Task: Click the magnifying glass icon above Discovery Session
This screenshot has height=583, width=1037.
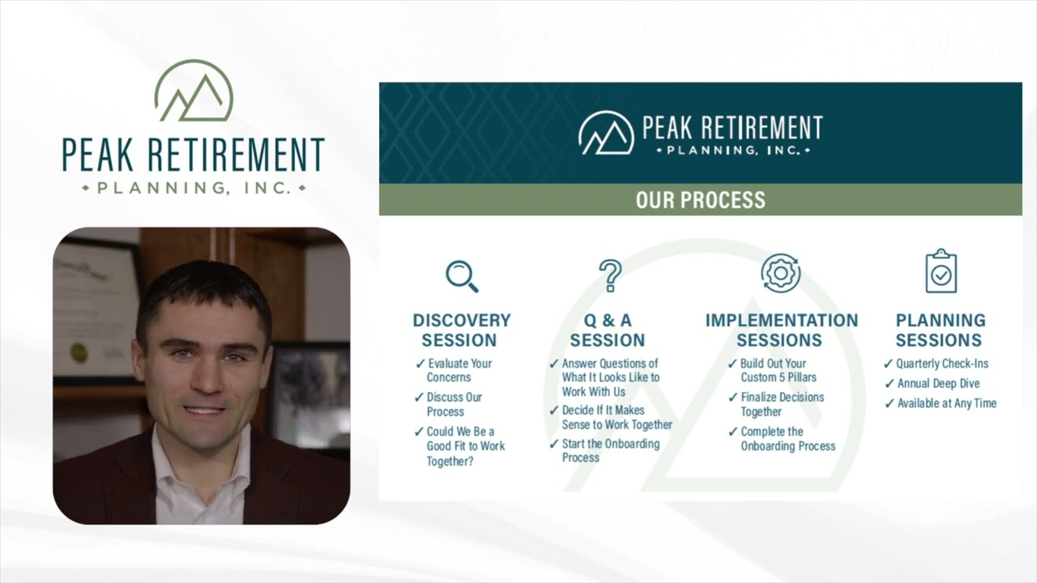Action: [x=462, y=275]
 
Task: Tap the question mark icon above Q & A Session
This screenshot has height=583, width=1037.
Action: [x=609, y=275]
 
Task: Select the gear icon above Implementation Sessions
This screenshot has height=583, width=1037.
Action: [x=780, y=273]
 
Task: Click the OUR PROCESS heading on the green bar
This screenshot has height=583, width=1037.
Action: [x=700, y=200]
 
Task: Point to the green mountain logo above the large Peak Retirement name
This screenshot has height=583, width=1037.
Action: [x=194, y=90]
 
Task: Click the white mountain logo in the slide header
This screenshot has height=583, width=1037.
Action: [x=606, y=133]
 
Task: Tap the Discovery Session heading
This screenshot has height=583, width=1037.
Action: [x=461, y=330]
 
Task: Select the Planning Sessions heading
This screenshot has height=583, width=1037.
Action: [x=940, y=330]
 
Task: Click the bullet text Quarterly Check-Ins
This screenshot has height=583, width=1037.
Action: [x=942, y=364]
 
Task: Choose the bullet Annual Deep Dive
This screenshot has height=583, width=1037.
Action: [x=938, y=383]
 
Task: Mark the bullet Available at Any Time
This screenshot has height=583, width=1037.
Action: [x=946, y=403]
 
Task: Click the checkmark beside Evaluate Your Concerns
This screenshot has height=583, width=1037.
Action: [x=420, y=364]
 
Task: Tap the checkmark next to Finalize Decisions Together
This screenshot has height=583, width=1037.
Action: [x=732, y=398]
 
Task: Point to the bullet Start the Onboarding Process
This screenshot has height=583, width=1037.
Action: [x=610, y=450]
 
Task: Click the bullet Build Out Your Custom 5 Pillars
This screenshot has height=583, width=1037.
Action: [x=778, y=370]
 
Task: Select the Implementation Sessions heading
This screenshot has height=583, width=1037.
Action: [x=780, y=330]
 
